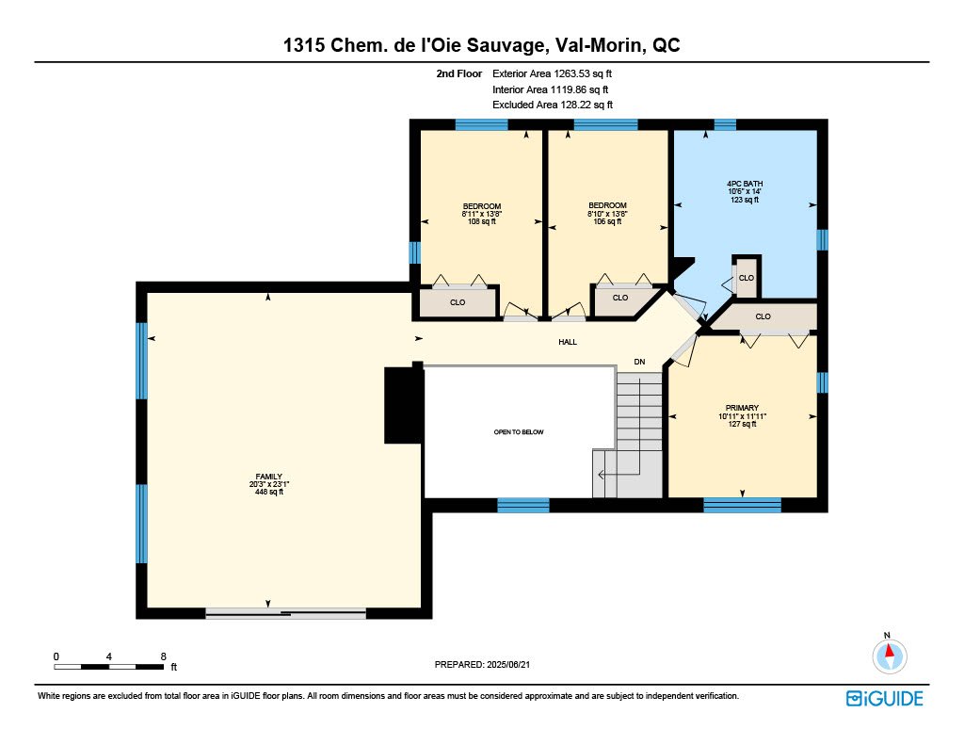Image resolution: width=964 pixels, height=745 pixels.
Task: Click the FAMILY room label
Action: (268, 477)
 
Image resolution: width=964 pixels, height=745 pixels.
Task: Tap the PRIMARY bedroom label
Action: (742, 407)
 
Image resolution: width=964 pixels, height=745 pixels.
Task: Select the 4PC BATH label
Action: (745, 184)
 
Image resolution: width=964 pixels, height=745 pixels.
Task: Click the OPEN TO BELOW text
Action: (519, 432)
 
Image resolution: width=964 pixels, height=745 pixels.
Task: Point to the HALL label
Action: (568, 342)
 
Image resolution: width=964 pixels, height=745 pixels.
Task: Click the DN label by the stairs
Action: (639, 362)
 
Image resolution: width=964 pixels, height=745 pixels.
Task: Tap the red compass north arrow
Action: (889, 651)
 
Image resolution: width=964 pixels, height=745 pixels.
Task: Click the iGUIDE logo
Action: (884, 698)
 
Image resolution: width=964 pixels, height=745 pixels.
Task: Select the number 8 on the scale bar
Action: (164, 656)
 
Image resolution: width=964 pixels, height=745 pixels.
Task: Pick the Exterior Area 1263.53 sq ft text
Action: (552, 73)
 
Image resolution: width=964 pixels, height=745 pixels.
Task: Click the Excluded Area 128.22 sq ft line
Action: (553, 105)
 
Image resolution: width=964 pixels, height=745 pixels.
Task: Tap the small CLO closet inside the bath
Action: (747, 278)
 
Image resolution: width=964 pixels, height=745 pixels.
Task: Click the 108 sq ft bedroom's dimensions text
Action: (482, 214)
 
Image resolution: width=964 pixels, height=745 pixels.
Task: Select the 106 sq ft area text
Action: (607, 221)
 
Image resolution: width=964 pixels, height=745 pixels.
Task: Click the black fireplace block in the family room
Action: (403, 405)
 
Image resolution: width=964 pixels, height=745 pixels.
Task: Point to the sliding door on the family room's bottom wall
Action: (285, 613)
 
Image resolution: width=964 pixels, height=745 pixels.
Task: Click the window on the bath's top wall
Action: (725, 124)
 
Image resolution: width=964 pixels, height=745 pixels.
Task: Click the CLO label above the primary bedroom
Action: (763, 316)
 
